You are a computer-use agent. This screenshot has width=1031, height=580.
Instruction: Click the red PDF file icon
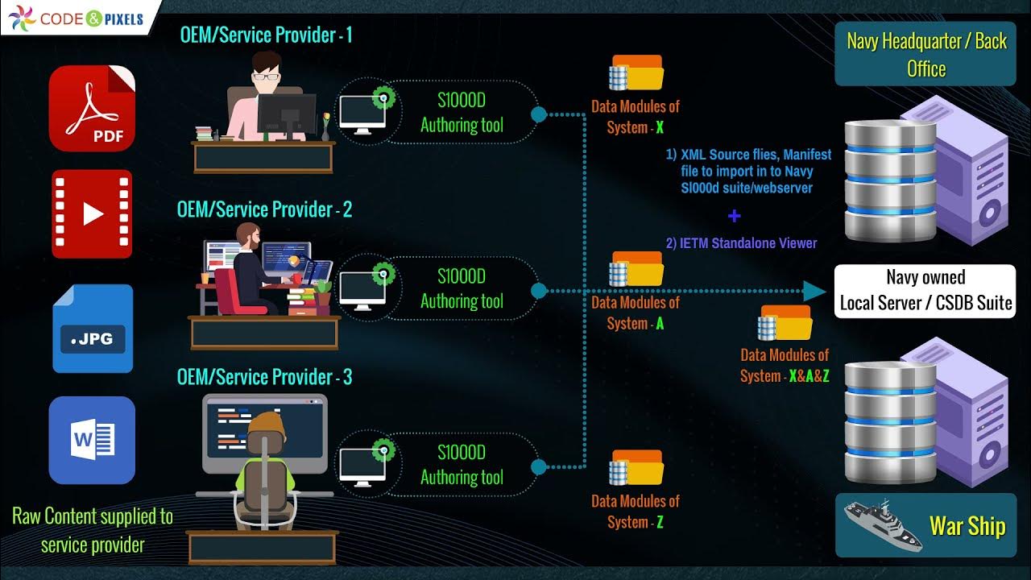point(92,108)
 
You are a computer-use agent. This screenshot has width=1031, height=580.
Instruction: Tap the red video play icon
point(92,213)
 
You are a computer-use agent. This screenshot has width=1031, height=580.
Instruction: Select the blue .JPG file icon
point(93,329)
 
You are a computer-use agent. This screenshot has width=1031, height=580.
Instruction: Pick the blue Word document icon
point(92,440)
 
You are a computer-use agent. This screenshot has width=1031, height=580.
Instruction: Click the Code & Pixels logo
point(77,18)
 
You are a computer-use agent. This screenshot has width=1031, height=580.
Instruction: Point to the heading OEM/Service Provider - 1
point(265,35)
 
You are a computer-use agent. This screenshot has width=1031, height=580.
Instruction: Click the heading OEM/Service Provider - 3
point(264,377)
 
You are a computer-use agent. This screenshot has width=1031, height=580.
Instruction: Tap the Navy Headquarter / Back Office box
point(925,55)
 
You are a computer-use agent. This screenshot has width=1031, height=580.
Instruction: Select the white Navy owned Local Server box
point(925,291)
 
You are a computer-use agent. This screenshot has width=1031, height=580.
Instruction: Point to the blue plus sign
point(734,216)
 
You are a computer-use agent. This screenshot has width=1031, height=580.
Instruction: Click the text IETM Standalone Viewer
point(741,243)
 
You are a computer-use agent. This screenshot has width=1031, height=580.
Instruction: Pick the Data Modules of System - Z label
point(636,512)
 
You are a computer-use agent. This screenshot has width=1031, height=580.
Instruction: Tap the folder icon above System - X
point(636,72)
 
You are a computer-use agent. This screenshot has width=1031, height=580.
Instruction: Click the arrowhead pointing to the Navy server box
point(815,291)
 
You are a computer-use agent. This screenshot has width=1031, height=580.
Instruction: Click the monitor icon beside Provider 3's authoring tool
point(362,465)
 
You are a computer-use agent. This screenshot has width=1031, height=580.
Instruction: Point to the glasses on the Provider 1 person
point(267,77)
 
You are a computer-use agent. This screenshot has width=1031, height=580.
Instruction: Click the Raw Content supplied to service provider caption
point(93,530)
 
